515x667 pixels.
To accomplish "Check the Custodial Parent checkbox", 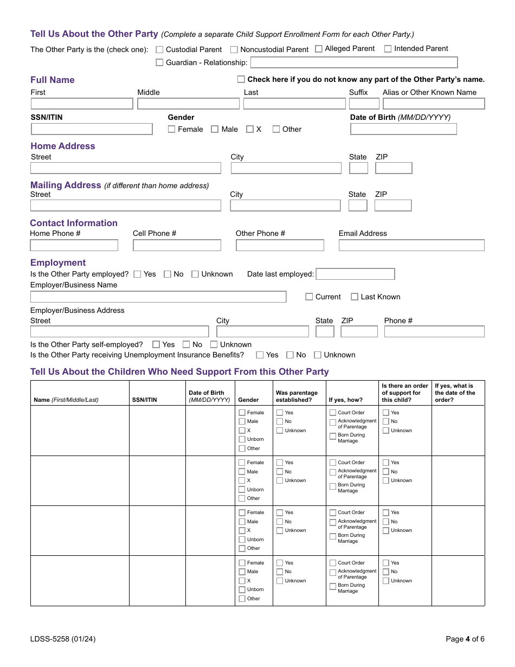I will tap(159, 49).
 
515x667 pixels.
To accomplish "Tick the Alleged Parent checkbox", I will tap(319, 49).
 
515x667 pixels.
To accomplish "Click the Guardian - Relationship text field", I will tap(354, 62).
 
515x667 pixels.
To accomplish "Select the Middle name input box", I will tap(188, 104).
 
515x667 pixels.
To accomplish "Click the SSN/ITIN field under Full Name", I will tap(92, 129).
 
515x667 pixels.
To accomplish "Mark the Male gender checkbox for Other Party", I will tap(215, 129).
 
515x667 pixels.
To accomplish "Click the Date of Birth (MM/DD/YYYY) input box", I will tap(403, 129).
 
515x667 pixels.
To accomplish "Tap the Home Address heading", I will tap(63, 146).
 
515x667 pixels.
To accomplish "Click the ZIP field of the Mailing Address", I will tap(393, 206).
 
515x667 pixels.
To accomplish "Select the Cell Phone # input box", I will tap(177, 245).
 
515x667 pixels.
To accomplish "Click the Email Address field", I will tap(411, 245).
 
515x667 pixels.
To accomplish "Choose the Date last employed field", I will tap(355, 274).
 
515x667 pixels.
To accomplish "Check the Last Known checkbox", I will tap(355, 297).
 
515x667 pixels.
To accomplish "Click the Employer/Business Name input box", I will tap(158, 297).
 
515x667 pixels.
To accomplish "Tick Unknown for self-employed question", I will tap(214, 344).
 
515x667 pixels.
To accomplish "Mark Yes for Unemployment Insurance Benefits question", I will tap(260, 355).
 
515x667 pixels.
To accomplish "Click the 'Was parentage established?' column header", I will tap(297, 396).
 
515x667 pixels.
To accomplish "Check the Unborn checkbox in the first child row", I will tap(242, 439).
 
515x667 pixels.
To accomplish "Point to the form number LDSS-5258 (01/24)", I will tap(63, 639).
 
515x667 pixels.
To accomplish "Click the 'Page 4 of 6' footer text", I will tap(465, 639).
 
